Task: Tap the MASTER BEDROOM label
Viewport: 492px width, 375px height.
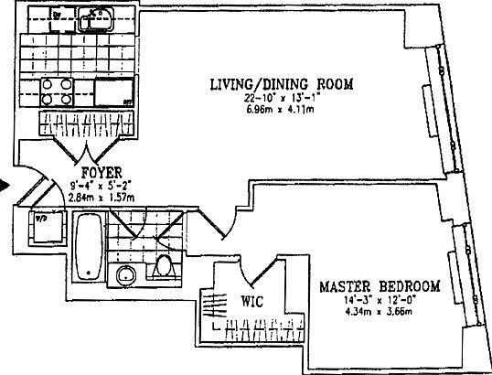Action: [379, 286]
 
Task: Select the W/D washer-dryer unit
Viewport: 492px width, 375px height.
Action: [43, 228]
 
